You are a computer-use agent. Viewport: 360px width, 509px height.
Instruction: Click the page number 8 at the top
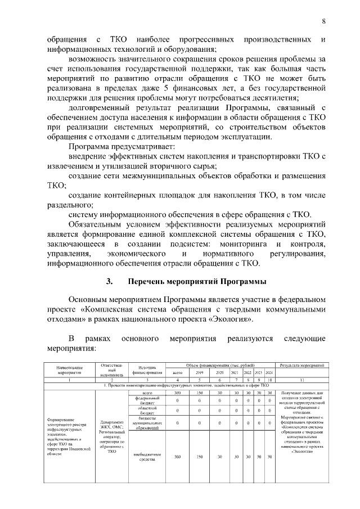pyautogui.click(x=324, y=21)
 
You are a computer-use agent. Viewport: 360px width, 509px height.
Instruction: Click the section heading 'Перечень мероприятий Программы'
pyautogui.click(x=196, y=281)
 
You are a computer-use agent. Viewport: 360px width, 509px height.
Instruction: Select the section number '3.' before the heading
pyautogui.click(x=110, y=281)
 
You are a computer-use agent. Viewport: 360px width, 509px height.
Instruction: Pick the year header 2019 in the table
pyautogui.click(x=199, y=372)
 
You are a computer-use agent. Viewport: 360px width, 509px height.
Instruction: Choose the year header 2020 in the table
pyautogui.click(x=220, y=372)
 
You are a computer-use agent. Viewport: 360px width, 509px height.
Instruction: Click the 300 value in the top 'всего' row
pyautogui.click(x=177, y=392)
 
